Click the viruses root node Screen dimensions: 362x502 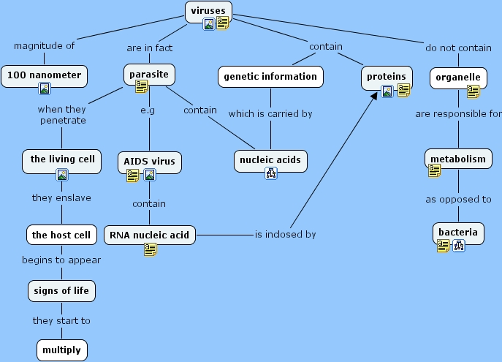[209, 10]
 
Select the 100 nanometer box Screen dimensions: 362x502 [45, 75]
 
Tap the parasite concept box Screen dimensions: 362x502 [149, 75]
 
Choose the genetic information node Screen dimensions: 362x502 [270, 76]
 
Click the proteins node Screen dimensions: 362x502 [387, 76]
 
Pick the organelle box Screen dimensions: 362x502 [458, 76]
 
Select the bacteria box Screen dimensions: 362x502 [458, 233]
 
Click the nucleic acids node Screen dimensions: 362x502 [270, 159]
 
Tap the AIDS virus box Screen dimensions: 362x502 [149, 160]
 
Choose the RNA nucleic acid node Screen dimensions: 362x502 [150, 235]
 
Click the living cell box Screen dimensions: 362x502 [62, 159]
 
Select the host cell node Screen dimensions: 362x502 [61, 235]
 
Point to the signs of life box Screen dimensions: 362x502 [61, 291]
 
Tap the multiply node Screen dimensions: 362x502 [62, 350]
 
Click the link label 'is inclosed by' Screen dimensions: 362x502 [285, 235]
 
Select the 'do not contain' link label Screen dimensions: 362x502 [458, 48]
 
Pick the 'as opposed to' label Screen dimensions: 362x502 [458, 199]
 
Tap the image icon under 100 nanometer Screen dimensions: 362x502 [45, 89]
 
